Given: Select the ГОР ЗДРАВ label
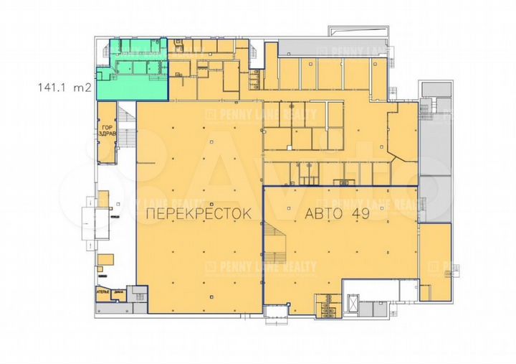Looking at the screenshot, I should pyautogui.click(x=106, y=134).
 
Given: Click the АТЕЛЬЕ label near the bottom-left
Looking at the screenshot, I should pyautogui.click(x=104, y=291).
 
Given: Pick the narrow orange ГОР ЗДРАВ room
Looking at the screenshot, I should pyautogui.click(x=107, y=133).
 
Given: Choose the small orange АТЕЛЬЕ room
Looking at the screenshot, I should pyautogui.click(x=104, y=294).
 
